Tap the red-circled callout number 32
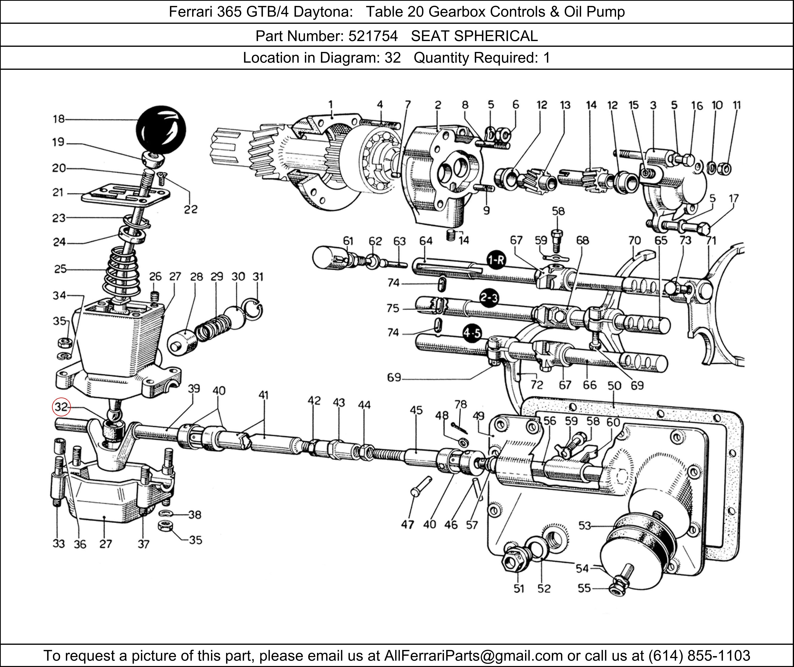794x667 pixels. pos(61,407)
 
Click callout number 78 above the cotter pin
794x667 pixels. pos(461,405)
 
